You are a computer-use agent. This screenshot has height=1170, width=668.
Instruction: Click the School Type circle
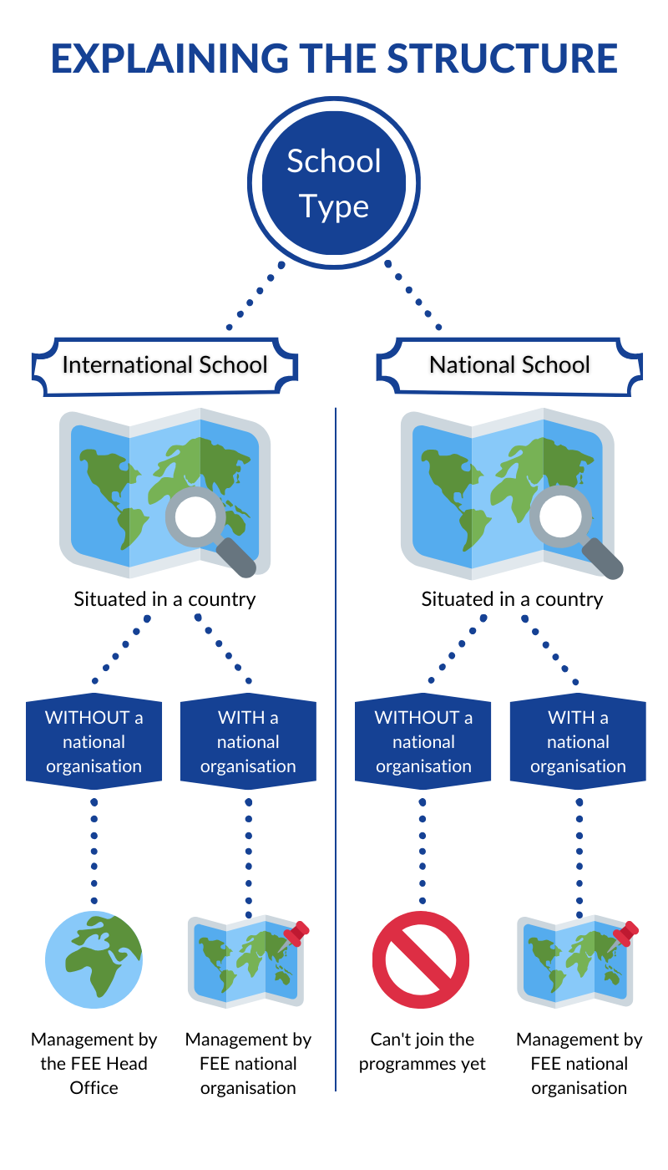click(x=334, y=183)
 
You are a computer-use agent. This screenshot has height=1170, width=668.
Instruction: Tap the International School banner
click(x=164, y=365)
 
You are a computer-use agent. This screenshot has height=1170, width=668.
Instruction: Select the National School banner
click(x=509, y=365)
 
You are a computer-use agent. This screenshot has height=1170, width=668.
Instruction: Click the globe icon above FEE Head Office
click(x=94, y=960)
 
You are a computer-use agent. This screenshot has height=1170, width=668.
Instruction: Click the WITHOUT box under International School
click(x=94, y=742)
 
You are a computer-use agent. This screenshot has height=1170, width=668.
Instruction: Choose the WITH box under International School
click(x=248, y=742)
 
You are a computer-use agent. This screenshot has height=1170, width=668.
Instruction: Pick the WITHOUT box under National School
click(x=423, y=742)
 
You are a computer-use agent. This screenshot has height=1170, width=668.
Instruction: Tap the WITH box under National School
click(x=578, y=742)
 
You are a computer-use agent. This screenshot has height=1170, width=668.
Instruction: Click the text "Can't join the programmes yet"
click(x=423, y=1051)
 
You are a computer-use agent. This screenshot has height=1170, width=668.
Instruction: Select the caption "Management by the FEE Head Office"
click(x=94, y=1063)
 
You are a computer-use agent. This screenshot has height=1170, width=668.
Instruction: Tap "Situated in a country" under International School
click(x=164, y=599)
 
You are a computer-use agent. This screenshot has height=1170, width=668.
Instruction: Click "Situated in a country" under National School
click(x=512, y=599)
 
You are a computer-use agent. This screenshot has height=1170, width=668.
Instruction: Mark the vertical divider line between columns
click(x=336, y=752)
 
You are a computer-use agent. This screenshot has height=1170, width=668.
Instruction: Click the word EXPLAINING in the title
click(x=170, y=58)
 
